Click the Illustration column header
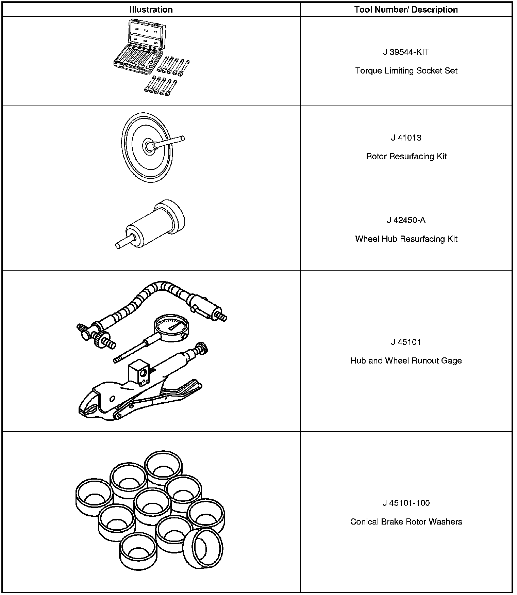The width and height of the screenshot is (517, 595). coord(151,10)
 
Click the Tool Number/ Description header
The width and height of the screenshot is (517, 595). coord(406,10)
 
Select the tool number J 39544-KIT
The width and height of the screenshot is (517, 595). coord(406,52)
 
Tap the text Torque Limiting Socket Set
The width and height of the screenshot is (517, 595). coord(406,71)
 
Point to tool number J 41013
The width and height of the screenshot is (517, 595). coord(406,138)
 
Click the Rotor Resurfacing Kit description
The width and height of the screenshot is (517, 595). coord(406,157)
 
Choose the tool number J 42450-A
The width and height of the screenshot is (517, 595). coord(406,220)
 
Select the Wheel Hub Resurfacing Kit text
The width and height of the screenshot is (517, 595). coord(406,239)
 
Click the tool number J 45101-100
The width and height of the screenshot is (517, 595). coord(406,503)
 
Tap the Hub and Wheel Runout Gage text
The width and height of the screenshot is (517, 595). coord(406,361)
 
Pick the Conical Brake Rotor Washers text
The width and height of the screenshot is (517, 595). coord(406,522)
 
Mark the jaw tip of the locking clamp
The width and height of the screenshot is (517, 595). coord(85,410)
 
